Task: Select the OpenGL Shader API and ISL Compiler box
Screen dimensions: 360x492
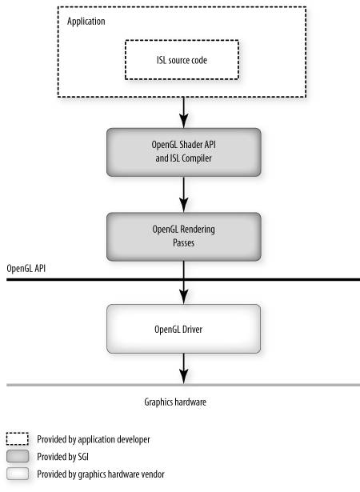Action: [x=184, y=152]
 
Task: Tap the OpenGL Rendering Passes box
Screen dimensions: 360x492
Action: [x=184, y=237]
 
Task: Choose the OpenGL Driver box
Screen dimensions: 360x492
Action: [x=184, y=329]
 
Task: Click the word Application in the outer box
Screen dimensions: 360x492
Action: [x=86, y=22]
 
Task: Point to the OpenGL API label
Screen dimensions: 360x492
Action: [x=26, y=269]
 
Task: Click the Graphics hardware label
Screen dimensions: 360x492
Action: [x=175, y=402]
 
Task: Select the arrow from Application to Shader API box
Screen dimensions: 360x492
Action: [x=184, y=113]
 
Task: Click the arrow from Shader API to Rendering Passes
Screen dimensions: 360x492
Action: [x=184, y=194]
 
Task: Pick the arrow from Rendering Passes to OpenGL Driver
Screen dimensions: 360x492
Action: [x=184, y=282]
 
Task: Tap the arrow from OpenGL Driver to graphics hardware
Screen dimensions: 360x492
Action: [x=184, y=369]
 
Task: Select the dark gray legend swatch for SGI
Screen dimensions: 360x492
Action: [x=18, y=456]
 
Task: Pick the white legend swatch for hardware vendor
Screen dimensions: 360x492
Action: [x=18, y=474]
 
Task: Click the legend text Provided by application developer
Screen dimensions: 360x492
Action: [x=94, y=439]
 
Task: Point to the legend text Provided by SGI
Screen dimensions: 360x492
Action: [x=62, y=457]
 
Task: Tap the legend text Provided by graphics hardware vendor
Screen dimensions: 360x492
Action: [x=101, y=474]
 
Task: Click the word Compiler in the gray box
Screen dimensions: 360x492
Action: [x=197, y=158]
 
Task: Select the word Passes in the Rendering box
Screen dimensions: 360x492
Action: [x=184, y=243]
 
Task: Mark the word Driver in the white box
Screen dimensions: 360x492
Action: [x=191, y=329]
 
